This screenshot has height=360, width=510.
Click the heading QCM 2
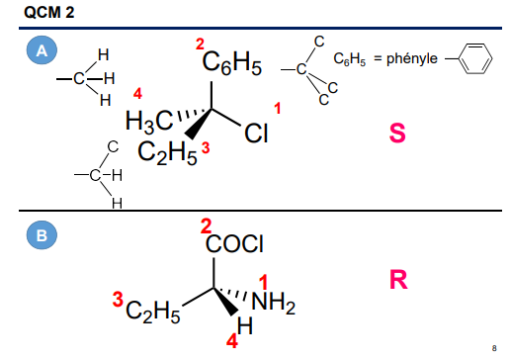(x=38, y=12)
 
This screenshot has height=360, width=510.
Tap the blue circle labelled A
(x=40, y=50)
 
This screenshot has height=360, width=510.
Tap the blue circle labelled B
(x=42, y=236)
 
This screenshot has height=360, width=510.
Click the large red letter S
(x=397, y=133)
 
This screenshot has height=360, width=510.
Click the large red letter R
(x=398, y=280)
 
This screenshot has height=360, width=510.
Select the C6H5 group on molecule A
(x=231, y=66)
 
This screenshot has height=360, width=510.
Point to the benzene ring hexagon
(x=475, y=59)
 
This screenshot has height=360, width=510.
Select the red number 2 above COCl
(x=206, y=225)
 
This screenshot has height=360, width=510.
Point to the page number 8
(x=493, y=348)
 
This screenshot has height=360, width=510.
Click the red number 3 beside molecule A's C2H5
(x=206, y=146)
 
